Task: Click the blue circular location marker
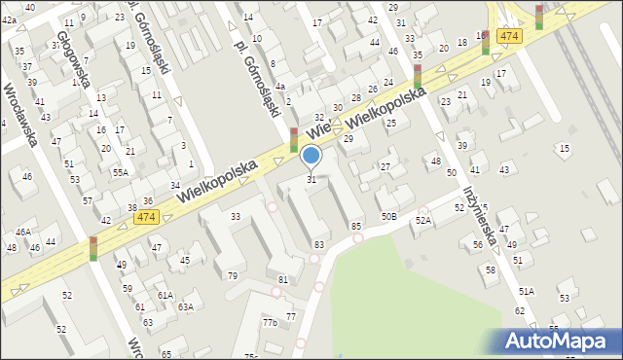tap(311, 155)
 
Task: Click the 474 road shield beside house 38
tap(147, 216)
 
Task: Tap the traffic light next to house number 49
tap(93, 248)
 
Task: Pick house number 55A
tap(120, 171)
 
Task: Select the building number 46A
tap(22, 232)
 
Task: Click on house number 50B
tap(389, 216)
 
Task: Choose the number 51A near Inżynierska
tap(527, 291)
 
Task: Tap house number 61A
tap(165, 295)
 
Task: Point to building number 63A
tap(184, 307)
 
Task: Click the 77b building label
tap(270, 322)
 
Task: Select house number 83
tap(318, 243)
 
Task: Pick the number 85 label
tap(355, 227)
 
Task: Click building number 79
tap(232, 275)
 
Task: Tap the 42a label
tap(10, 19)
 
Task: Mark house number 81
tap(283, 280)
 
